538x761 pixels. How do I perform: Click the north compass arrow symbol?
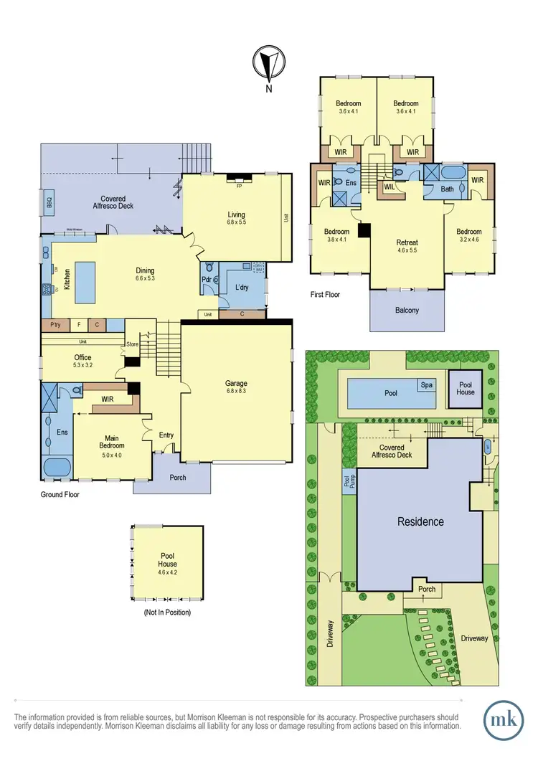pyautogui.click(x=268, y=64)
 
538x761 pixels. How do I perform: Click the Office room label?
pyautogui.click(x=82, y=357)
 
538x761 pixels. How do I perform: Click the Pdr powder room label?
pyautogui.click(x=206, y=279)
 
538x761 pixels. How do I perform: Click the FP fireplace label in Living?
pyautogui.click(x=237, y=184)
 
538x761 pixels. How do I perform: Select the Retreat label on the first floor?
pyautogui.click(x=407, y=242)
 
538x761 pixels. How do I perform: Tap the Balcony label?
pyautogui.click(x=406, y=310)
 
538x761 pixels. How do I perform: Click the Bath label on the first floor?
pyautogui.click(x=448, y=189)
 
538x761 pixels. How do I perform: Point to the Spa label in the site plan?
pyautogui.click(x=426, y=385)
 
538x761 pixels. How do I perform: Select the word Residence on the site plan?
pyautogui.click(x=420, y=521)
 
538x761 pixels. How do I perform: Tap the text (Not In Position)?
pyautogui.click(x=168, y=613)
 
